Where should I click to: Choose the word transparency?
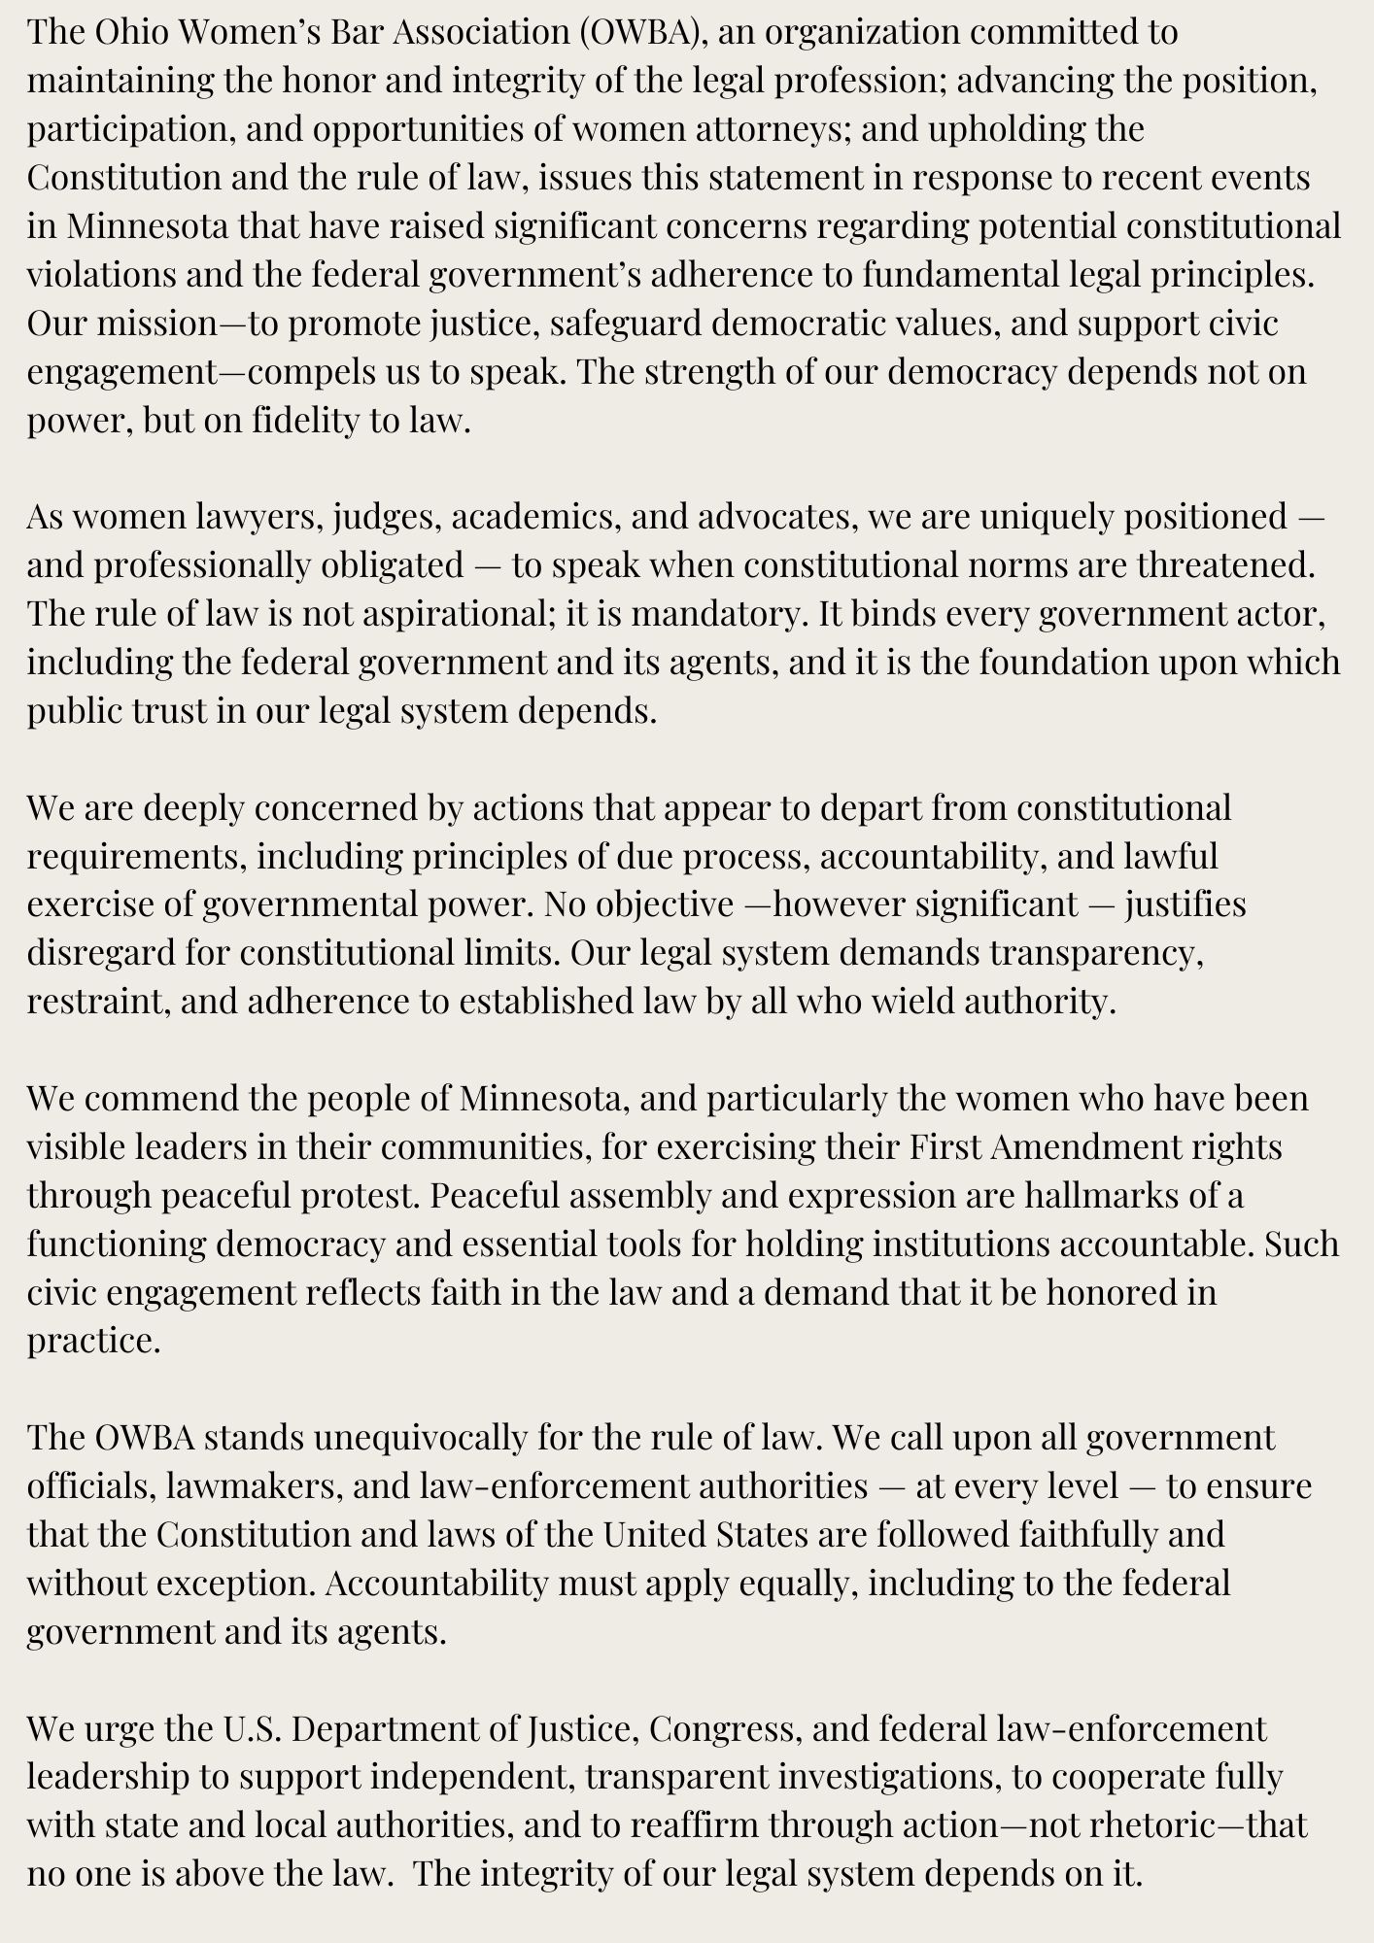pos(1097,953)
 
